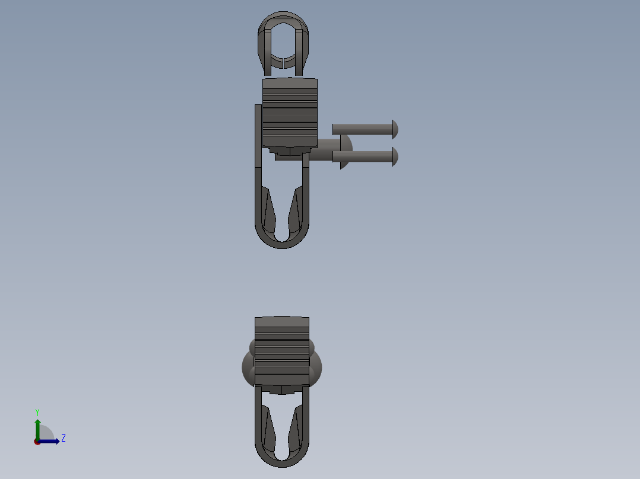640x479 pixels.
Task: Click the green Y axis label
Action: (x=37, y=412)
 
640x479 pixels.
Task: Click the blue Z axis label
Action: (x=63, y=438)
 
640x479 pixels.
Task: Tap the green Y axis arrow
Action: (x=37, y=427)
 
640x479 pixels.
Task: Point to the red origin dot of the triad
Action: (x=37, y=442)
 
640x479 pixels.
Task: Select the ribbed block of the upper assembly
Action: (x=290, y=113)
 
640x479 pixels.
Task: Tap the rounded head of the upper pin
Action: (x=395, y=129)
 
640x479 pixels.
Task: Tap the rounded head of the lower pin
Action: (x=395, y=157)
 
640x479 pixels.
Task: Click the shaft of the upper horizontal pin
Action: (x=362, y=129)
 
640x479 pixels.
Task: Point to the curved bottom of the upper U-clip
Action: (x=282, y=242)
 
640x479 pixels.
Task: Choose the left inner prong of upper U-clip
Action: (x=270, y=213)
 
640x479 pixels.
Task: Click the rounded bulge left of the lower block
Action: (x=248, y=366)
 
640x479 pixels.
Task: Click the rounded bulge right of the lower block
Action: (x=316, y=366)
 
